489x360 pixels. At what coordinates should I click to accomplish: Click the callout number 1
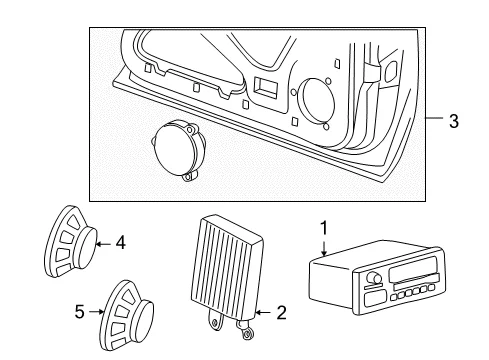point(324,228)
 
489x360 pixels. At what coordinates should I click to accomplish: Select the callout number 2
point(281,313)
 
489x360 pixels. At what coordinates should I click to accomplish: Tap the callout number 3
point(454,121)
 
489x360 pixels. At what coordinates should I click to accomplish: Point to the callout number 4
point(120,243)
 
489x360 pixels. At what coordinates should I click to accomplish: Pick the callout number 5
point(79,312)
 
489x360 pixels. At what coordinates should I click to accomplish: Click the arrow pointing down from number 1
point(324,247)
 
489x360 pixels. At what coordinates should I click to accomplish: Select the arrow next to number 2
point(264,312)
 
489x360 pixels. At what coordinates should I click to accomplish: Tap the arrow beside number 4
point(103,244)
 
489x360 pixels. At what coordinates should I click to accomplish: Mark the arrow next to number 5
point(97,312)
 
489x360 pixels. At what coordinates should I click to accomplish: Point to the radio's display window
point(412,269)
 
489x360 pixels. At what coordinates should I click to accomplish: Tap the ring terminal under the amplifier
point(247,333)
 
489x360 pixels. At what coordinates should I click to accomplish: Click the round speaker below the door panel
point(178,150)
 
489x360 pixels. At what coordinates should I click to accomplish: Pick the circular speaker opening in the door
point(317,101)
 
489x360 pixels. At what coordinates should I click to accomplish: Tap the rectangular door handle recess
point(266,88)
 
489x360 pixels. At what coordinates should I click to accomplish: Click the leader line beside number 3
point(434,118)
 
